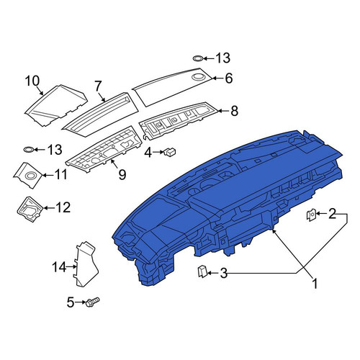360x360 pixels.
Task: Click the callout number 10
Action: [32, 81]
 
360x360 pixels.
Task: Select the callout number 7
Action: [98, 86]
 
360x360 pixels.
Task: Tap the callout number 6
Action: [229, 78]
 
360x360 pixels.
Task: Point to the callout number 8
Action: [234, 111]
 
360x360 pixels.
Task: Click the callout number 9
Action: [122, 174]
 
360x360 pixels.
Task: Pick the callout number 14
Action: [59, 267]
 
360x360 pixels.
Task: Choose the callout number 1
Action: [315, 284]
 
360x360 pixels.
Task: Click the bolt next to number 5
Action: [93, 301]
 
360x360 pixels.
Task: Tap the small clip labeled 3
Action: [202, 271]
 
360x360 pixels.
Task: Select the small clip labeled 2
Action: [311, 214]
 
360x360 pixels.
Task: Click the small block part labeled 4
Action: [170, 152]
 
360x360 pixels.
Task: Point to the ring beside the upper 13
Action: [198, 58]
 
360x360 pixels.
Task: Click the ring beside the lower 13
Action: [29, 150]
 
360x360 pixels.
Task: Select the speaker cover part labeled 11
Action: [28, 175]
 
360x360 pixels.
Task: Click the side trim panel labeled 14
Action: [86, 264]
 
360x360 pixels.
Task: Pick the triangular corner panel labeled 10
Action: [55, 105]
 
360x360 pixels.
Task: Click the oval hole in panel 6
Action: [198, 77]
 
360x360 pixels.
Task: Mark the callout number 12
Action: [63, 207]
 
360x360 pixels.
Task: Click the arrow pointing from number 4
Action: [158, 152]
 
